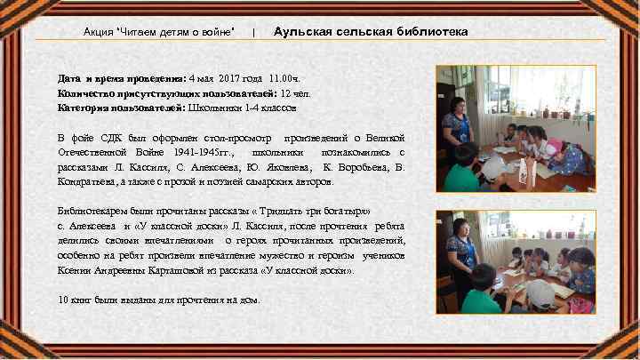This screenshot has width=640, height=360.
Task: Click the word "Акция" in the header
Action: tap(98, 32)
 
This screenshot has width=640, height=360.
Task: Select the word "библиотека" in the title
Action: tap(429, 32)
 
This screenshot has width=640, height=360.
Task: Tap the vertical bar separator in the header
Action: tap(255, 33)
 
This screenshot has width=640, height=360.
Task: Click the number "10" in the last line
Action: tap(62, 300)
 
